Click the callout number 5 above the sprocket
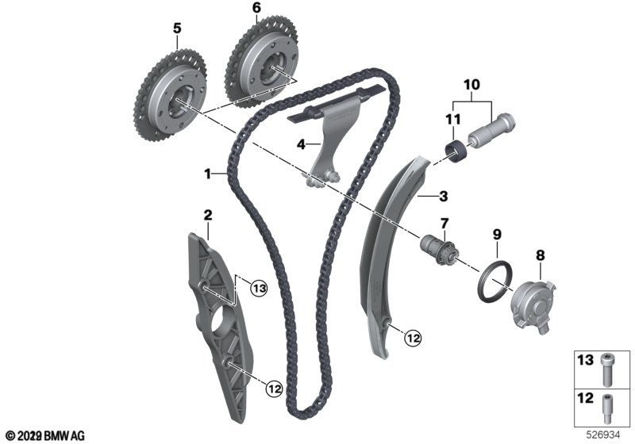pos(177,29)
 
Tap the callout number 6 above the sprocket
pos(256,7)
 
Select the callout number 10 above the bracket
pos(471,85)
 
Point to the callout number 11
pos(453,119)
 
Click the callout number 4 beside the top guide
pos(301,144)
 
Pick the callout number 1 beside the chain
pos(208,174)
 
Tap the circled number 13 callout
pos(259,289)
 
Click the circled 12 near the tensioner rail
pos(413,338)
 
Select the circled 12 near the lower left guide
pos(274,389)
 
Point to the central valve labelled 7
pos(439,250)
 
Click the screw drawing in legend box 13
pos(606,369)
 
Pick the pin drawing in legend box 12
pos(606,408)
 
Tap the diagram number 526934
pos(603,435)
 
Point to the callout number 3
pos(444,197)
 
